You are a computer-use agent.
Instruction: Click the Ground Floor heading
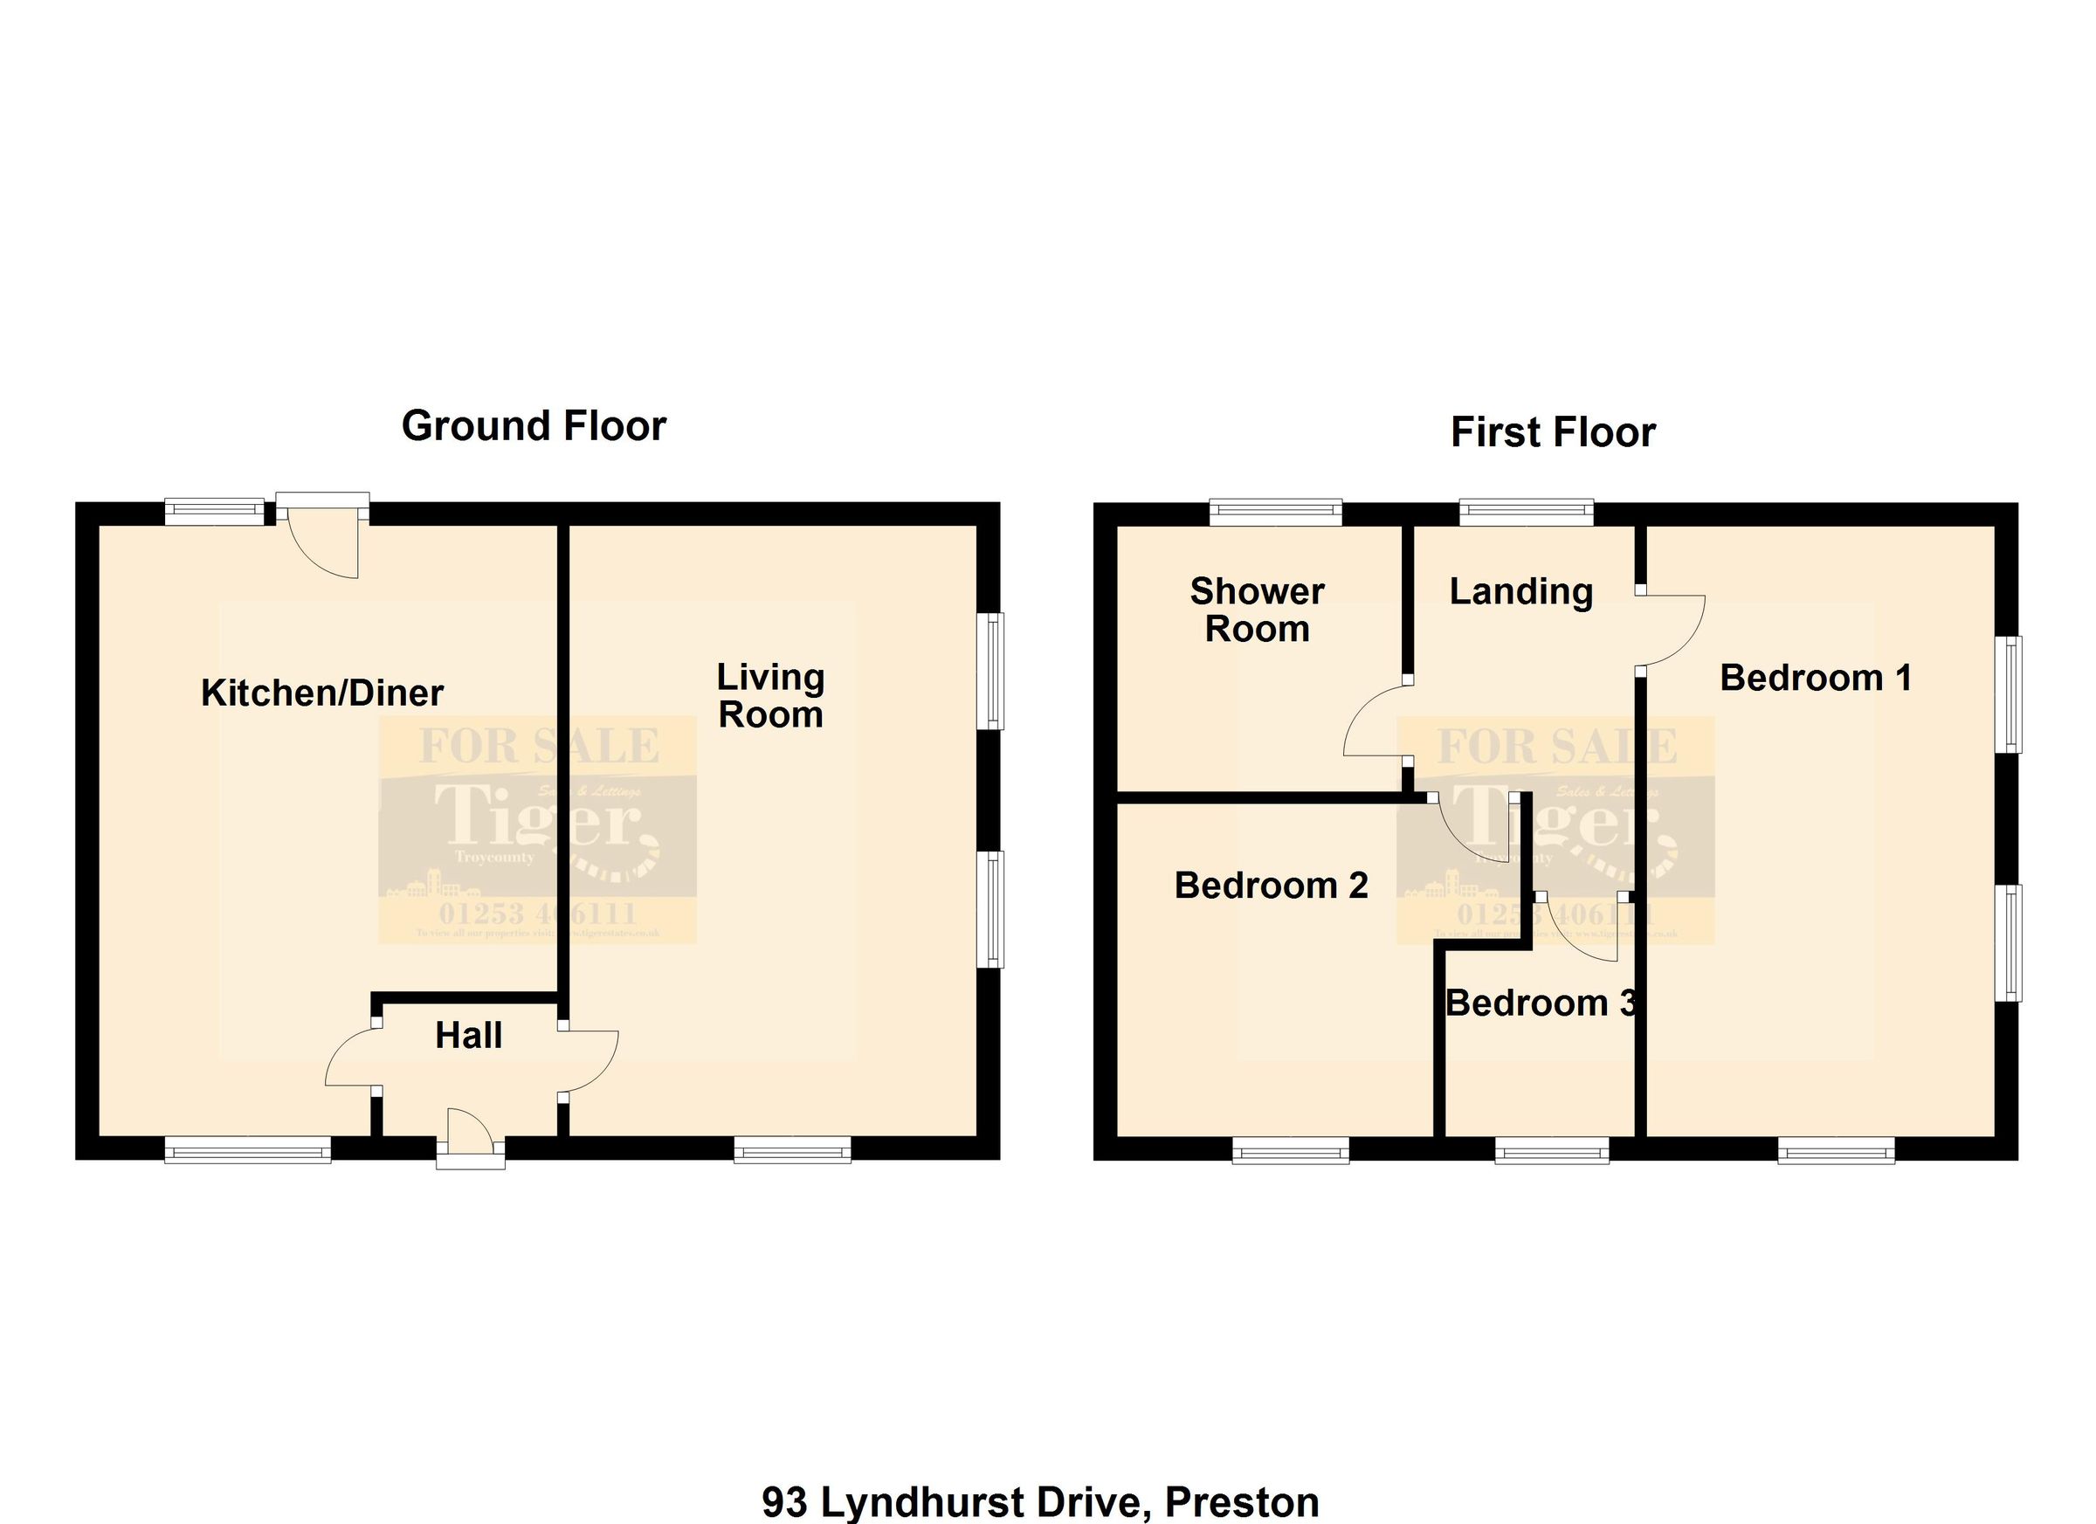point(534,427)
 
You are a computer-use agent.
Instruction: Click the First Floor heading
point(1553,433)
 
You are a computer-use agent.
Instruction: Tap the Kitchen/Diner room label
point(321,693)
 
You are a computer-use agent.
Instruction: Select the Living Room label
point(771,696)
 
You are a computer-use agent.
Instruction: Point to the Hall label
point(469,1036)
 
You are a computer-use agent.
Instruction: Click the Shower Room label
point(1257,610)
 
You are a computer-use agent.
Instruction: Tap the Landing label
point(1520,591)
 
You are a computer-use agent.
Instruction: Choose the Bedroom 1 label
point(1815,679)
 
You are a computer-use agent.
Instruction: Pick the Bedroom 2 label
point(1271,886)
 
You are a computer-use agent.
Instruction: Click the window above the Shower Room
point(1275,512)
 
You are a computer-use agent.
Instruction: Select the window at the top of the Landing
point(1526,512)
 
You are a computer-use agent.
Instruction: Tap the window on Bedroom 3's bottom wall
point(1552,1150)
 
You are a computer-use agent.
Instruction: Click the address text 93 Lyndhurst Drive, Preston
point(1039,1502)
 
